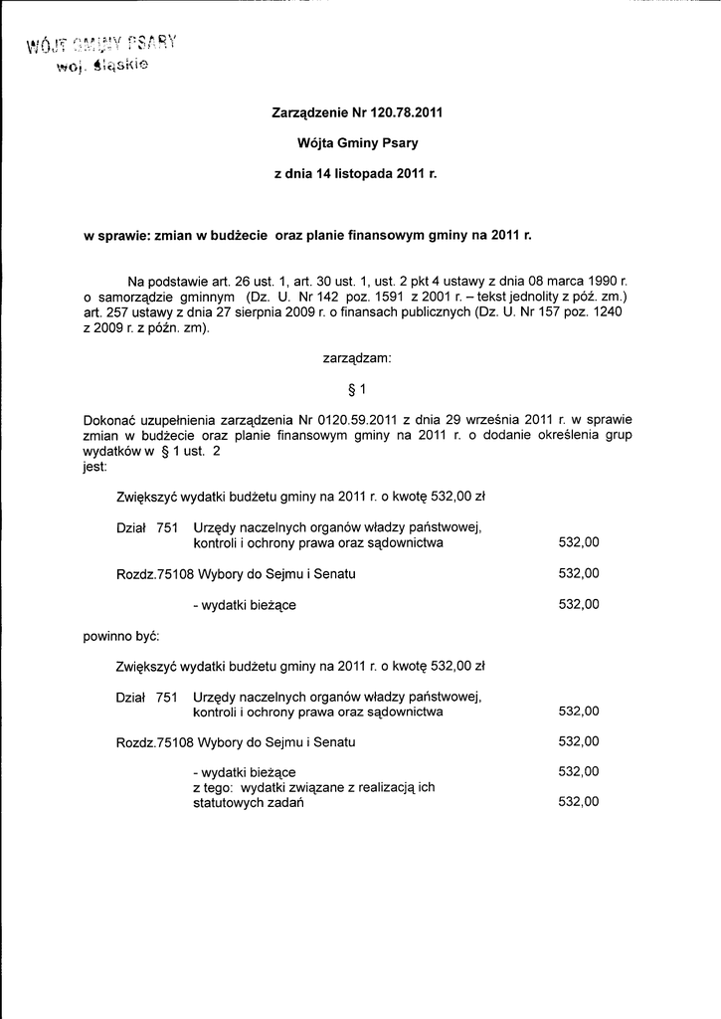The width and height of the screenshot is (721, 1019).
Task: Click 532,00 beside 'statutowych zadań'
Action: click(x=579, y=802)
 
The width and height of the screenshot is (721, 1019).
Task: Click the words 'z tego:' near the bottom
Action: click(x=213, y=787)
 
